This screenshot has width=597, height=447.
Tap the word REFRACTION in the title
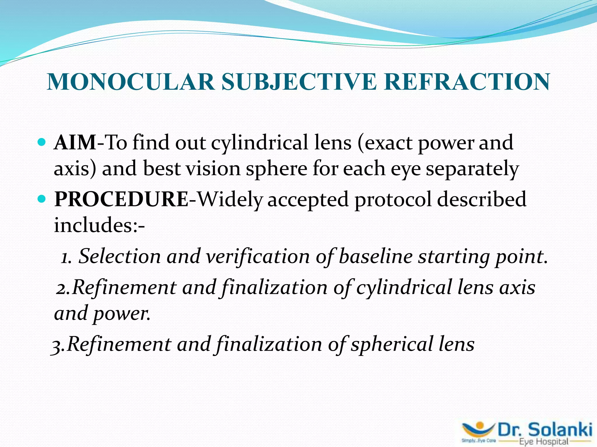(467, 82)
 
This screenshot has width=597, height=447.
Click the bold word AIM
(75, 143)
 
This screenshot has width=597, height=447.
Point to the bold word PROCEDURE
(121, 199)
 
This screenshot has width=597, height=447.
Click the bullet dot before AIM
(42, 142)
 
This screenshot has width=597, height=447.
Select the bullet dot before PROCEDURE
(42, 199)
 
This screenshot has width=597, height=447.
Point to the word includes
(94, 225)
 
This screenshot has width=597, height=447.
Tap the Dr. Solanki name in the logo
(545, 430)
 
